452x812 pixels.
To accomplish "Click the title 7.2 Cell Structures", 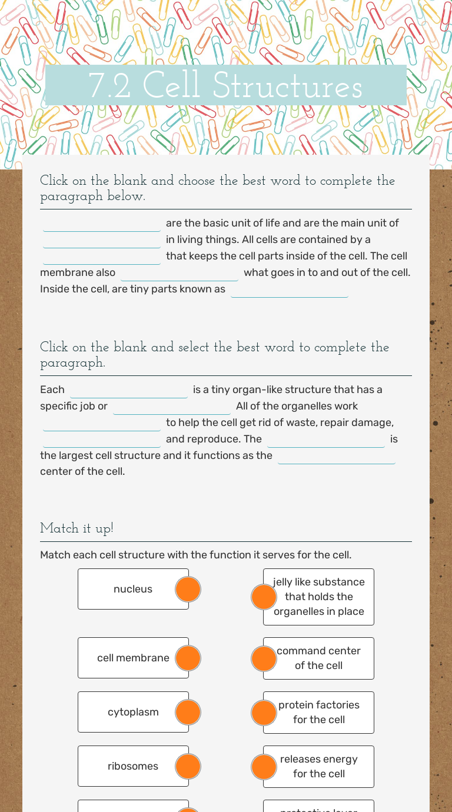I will point(225,86).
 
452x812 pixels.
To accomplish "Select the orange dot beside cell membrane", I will point(188,658).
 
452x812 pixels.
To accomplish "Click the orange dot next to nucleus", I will point(188,589).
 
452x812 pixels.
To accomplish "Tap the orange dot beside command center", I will point(264,658).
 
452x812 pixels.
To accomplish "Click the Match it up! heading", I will point(77,528).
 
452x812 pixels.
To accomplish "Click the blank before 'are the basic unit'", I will point(102,224).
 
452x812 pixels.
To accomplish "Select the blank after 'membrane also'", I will point(180,274).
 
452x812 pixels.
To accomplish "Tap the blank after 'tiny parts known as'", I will point(290,290).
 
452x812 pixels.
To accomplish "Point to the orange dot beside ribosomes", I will point(188,766).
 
